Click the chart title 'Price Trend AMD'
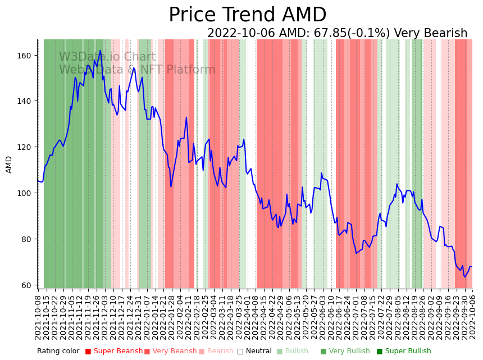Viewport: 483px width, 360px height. point(247,15)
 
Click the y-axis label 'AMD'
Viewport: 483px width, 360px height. point(9,164)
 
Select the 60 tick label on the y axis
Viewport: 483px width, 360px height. point(26,285)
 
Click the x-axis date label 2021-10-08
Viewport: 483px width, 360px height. point(38,317)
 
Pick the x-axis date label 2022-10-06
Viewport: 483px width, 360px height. point(472,317)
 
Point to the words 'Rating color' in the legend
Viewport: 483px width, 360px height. point(58,351)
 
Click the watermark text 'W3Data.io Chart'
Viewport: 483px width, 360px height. point(107,57)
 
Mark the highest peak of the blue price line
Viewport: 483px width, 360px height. point(101,51)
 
